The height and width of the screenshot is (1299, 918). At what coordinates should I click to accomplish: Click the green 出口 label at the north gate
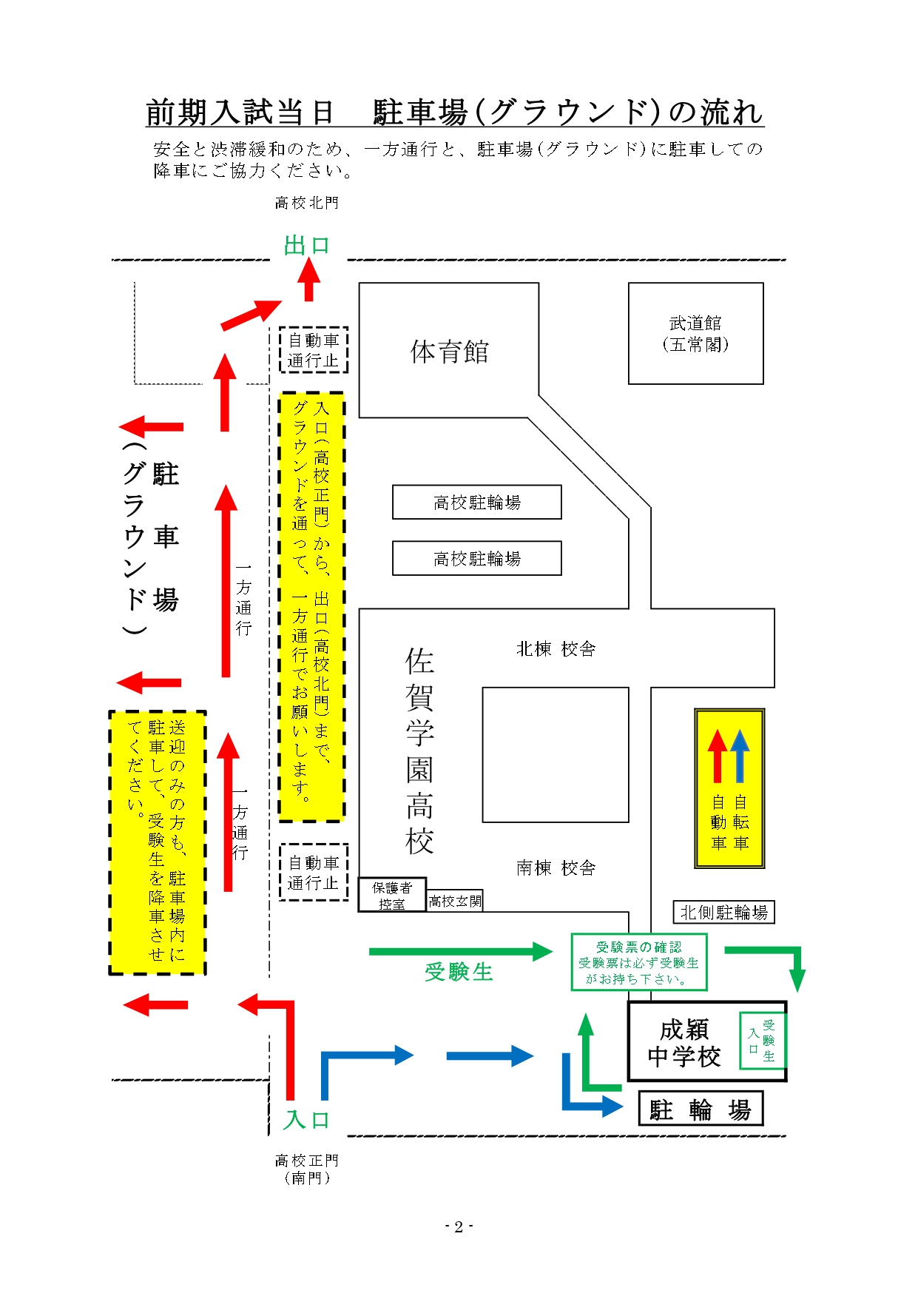[x=306, y=245]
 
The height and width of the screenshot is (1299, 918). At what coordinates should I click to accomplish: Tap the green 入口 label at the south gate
[x=306, y=1119]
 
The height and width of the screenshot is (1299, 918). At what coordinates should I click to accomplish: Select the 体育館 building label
[x=450, y=352]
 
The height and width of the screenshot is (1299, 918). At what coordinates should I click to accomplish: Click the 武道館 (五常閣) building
[x=695, y=333]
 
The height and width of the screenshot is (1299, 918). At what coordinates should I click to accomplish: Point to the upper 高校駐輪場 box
[x=476, y=503]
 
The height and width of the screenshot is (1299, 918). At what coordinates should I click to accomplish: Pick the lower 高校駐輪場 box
[x=476, y=559]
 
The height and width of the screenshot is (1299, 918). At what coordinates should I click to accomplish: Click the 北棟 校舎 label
[x=556, y=649]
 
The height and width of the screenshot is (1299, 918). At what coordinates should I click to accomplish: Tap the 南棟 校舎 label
[x=556, y=867]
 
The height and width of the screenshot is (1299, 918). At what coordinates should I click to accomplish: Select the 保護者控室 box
[x=391, y=895]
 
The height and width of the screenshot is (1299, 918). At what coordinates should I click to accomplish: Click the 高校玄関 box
[x=455, y=901]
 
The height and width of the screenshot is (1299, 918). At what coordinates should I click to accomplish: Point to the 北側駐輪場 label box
[x=723, y=912]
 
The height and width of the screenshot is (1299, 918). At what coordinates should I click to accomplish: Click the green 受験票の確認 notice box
[x=639, y=962]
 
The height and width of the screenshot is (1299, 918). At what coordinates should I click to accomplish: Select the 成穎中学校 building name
[x=684, y=1042]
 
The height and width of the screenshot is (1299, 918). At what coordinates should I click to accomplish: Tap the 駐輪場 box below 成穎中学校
[x=700, y=1110]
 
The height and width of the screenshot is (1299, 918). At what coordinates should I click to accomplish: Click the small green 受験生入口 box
[x=762, y=1041]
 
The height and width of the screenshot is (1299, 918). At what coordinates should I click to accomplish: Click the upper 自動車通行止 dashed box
[x=313, y=350]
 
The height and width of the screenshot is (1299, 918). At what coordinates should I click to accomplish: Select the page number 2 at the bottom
[x=459, y=1226]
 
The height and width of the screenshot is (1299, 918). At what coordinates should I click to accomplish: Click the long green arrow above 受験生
[x=460, y=952]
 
